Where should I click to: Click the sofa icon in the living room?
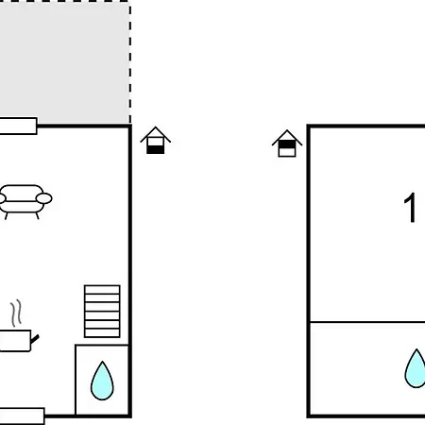tap(25, 202)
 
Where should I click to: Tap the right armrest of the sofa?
tap(44, 198)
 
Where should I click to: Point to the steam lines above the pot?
tap(16, 314)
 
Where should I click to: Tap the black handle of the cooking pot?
tap(35, 339)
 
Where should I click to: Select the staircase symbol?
tap(102, 311)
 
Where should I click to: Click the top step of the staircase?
tap(102, 290)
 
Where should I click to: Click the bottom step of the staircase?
tap(102, 333)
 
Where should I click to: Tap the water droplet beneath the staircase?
tap(102, 381)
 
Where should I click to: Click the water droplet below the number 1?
tap(416, 368)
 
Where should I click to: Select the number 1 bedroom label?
tap(410, 208)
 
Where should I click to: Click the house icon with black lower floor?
tap(156, 141)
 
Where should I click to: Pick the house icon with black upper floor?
tap(287, 144)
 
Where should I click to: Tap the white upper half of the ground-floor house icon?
tap(156, 142)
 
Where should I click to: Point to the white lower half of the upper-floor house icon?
tap(287, 152)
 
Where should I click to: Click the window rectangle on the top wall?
tap(18, 126)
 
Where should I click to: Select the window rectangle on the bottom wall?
tap(22, 416)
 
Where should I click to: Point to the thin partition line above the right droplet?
tap(367, 322)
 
